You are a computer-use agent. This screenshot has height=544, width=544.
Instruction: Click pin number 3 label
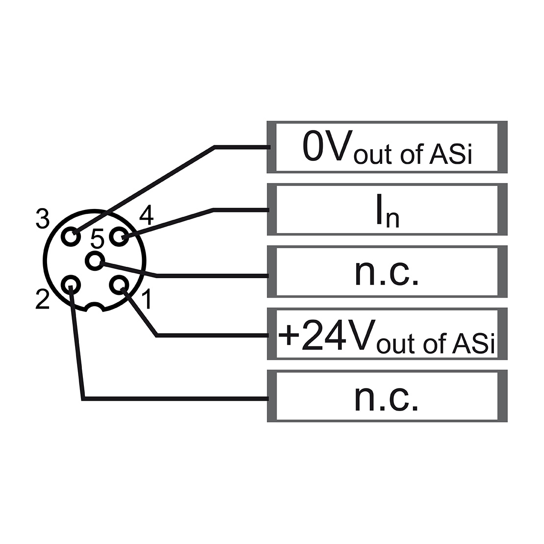[43, 219]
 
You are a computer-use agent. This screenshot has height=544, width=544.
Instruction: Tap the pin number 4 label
[146, 215]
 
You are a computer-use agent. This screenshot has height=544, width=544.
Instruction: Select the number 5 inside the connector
[97, 239]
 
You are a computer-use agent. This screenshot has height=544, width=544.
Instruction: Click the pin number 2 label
[42, 299]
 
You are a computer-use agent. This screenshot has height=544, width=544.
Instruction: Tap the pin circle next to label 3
[71, 236]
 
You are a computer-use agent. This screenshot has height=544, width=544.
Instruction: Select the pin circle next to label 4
[119, 236]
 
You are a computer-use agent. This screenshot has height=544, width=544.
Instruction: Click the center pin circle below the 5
[95, 260]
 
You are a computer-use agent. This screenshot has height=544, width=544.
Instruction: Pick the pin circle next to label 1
[119, 285]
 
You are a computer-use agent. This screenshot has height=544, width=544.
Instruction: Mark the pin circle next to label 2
[71, 285]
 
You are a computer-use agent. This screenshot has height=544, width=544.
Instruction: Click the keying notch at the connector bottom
[94, 307]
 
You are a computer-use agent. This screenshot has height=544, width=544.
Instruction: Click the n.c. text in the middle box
[387, 273]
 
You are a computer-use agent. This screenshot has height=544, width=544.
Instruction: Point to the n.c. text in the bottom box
[387, 398]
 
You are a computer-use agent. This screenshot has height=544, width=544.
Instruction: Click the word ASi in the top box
[451, 154]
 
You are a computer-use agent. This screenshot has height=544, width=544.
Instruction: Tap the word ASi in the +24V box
[473, 343]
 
